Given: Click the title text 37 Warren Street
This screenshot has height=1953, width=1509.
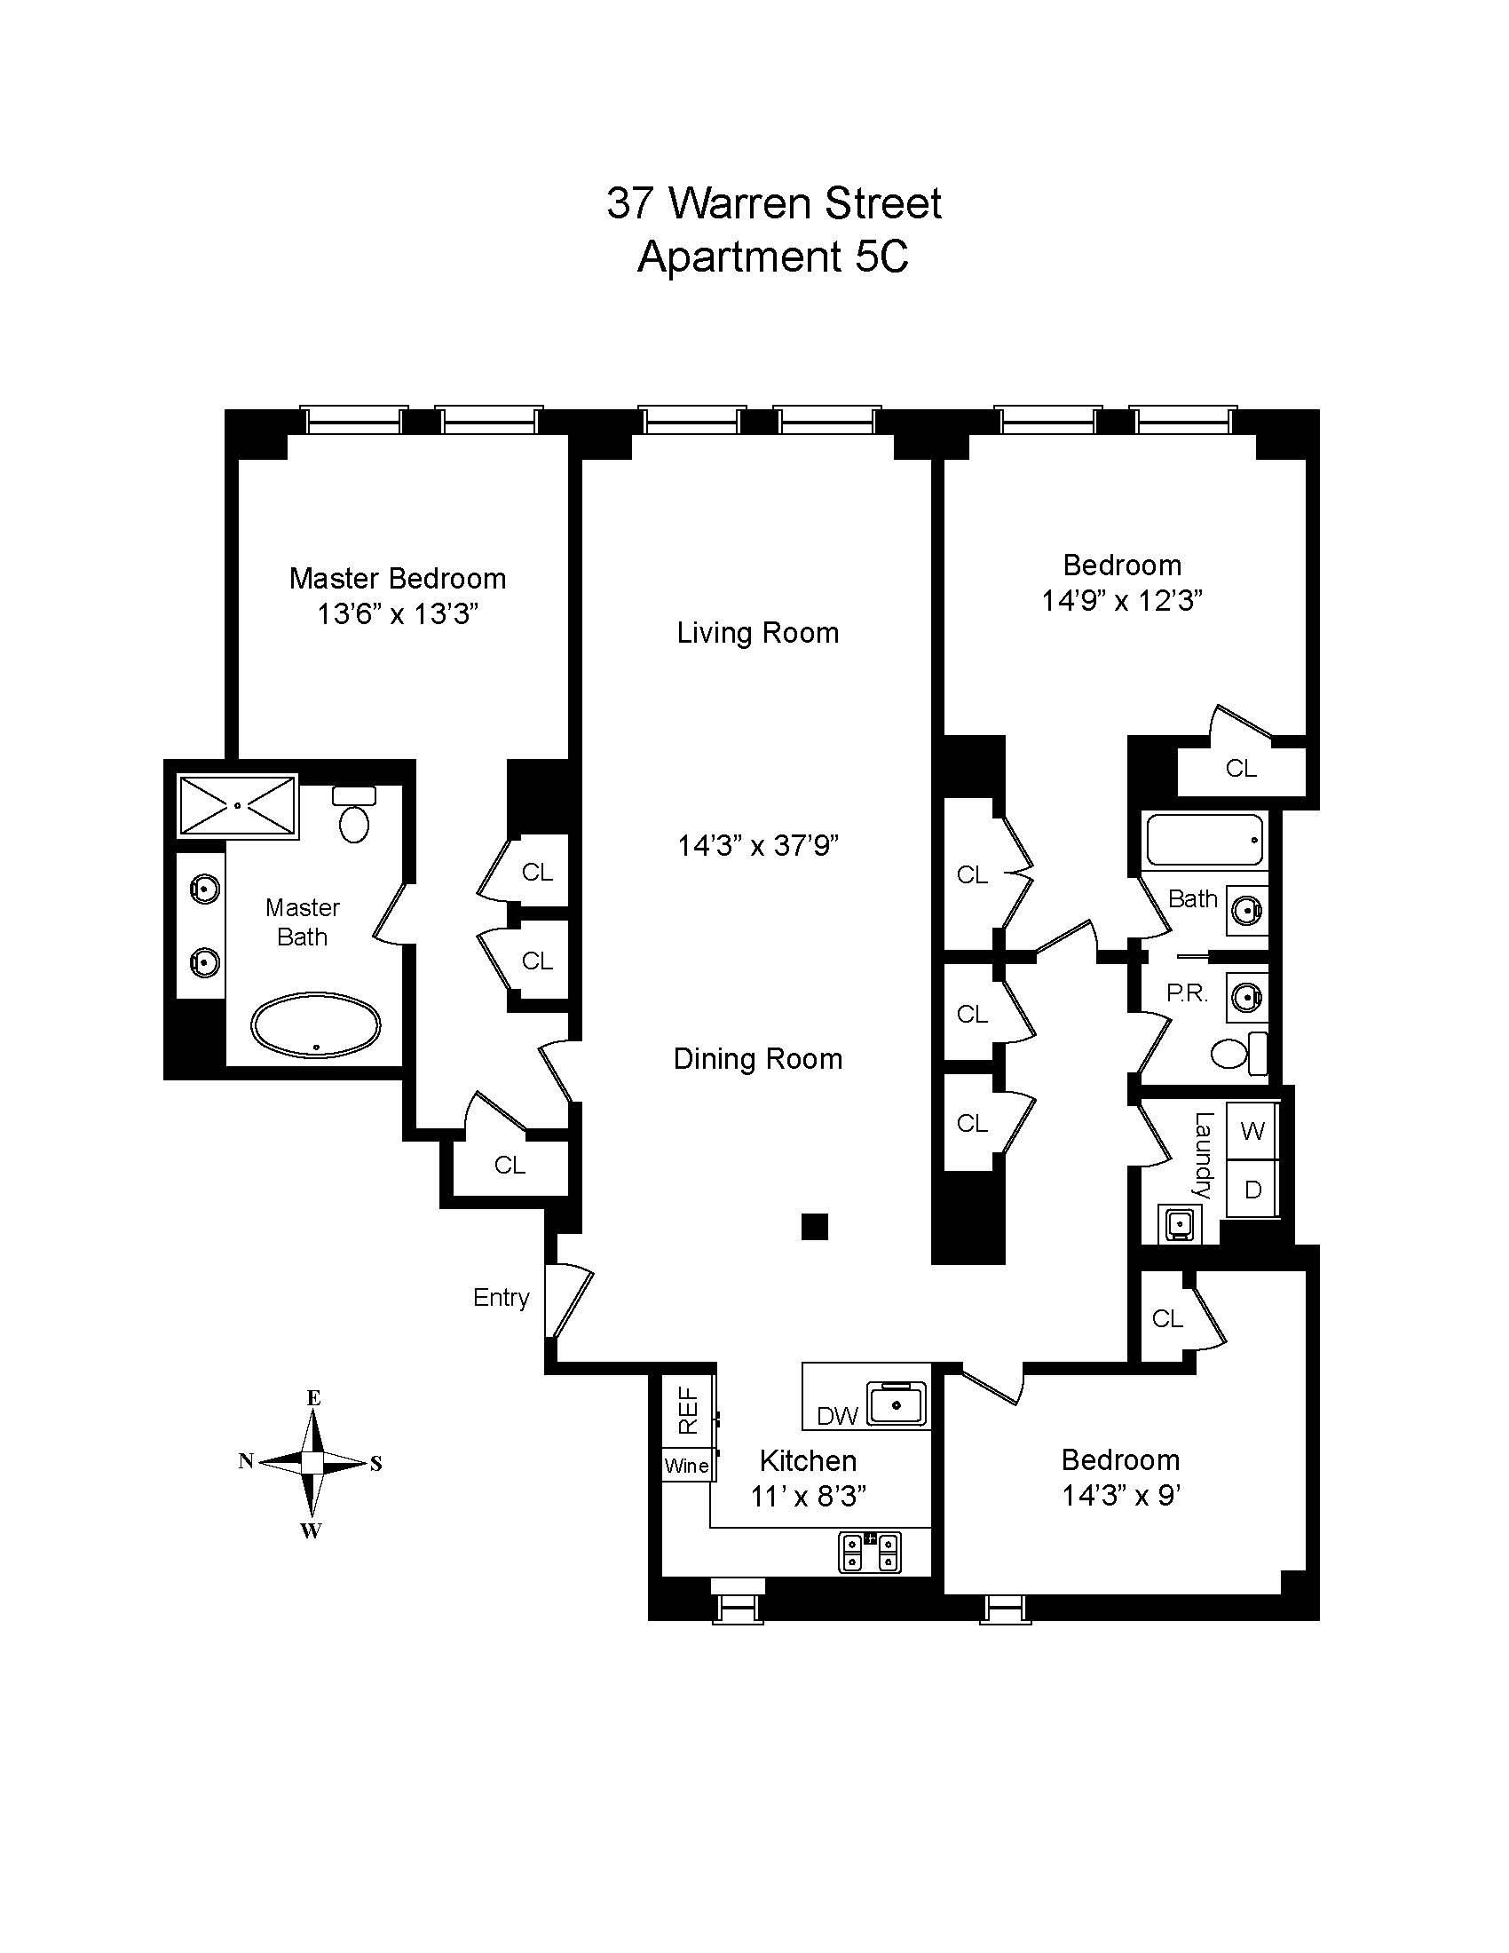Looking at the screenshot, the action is point(773,204).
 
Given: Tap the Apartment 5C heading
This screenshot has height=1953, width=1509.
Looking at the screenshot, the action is point(773,257).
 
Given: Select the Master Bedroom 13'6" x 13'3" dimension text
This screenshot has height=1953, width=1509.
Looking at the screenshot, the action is point(398,614).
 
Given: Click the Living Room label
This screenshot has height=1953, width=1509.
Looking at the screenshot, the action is point(757,633).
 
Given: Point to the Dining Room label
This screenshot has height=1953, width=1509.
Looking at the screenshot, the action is point(757,1059).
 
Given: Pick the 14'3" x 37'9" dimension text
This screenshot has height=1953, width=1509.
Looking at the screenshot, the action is point(757,845).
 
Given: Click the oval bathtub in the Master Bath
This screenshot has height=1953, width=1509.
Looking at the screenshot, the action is point(316,1024).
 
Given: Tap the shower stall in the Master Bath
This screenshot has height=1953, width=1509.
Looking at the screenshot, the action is point(238,806).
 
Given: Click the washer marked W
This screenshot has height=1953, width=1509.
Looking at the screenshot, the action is point(1252,1131).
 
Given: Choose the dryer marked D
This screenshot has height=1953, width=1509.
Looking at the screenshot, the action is point(1252,1190).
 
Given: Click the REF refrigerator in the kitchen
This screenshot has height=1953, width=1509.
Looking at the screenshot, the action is point(687,1411).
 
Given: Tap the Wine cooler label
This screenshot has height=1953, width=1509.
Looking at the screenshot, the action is point(686,1466).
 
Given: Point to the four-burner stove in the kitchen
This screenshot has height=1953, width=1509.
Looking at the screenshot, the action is point(869,1552).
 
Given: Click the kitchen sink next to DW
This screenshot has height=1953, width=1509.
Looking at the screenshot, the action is point(896,1405).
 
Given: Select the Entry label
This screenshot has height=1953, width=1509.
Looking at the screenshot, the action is point(501,1298).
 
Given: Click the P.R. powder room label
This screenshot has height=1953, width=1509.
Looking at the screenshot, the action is point(1186,993).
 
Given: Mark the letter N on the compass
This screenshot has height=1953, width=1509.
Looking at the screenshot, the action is point(246,1461).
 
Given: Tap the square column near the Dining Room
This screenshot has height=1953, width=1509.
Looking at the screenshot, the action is point(814,1227).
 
